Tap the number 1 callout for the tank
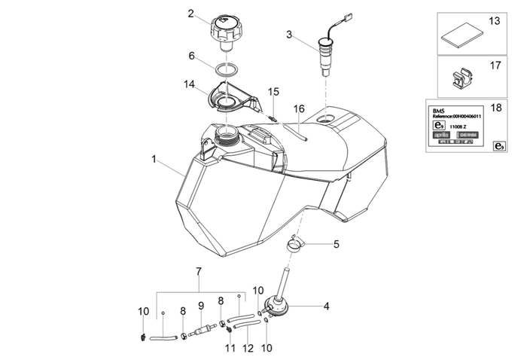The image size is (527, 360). (x=154, y=160)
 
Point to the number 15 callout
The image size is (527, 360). (x=274, y=91)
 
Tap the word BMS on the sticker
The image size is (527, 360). (x=439, y=109)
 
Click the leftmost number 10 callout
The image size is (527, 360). (x=143, y=311)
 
